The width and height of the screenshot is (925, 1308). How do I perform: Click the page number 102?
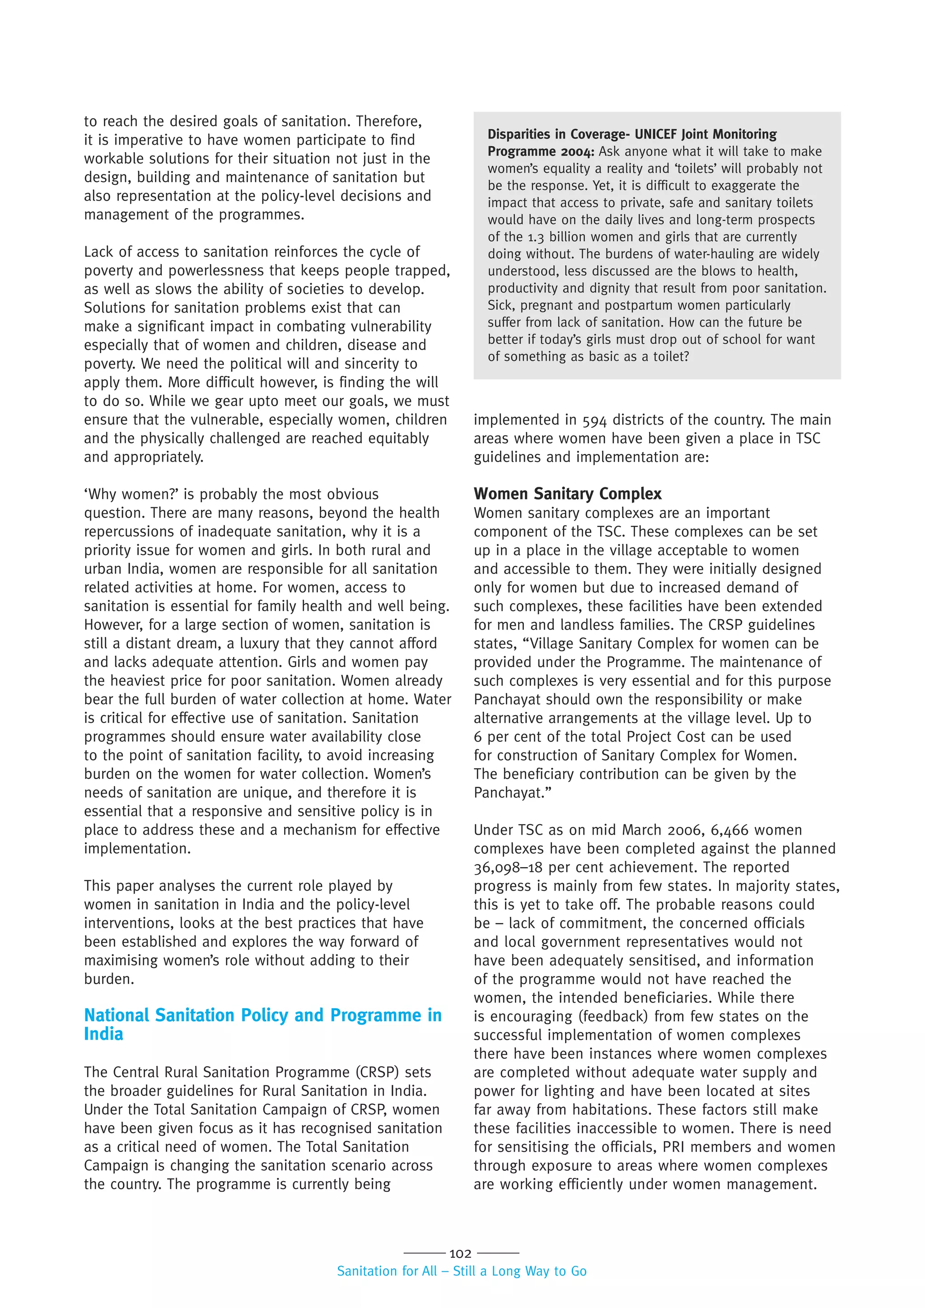tap(460, 1253)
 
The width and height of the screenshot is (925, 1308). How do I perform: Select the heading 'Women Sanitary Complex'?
tap(567, 493)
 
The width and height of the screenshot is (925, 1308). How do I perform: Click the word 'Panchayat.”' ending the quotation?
tap(513, 793)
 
